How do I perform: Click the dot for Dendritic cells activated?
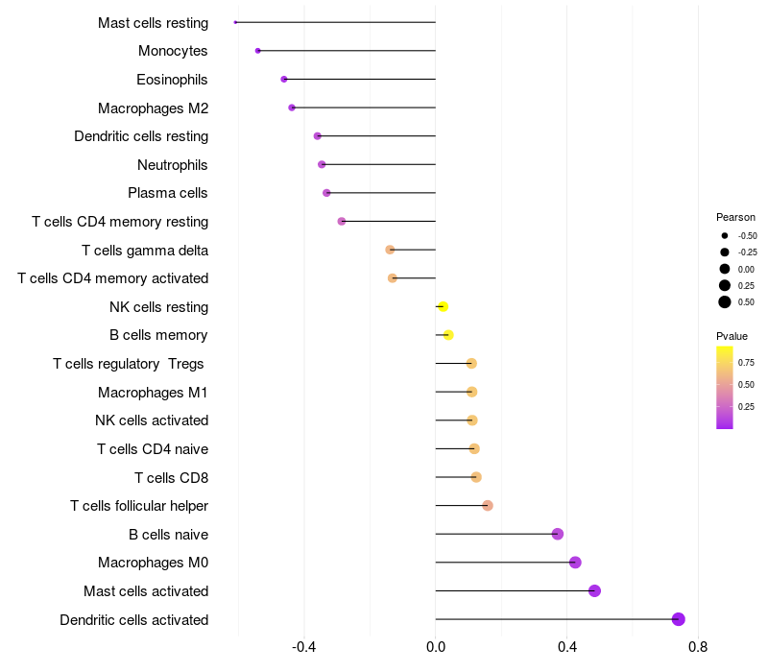pos(679,619)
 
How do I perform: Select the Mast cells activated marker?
pos(594,590)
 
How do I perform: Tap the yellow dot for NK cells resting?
pos(443,307)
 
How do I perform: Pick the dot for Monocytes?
pos(258,51)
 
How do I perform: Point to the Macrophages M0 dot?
pos(575,563)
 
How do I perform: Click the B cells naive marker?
pos(558,534)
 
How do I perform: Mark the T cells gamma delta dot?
pos(390,250)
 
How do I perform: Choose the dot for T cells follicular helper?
pos(488,506)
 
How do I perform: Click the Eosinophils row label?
pos(172,80)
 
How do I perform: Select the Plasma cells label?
pos(168,193)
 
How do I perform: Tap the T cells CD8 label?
pos(172,477)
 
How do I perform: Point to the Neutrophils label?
pos(173,165)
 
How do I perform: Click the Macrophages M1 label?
pos(153,392)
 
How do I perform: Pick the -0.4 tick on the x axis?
pos(304,647)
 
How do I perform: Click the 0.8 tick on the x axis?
pos(698,647)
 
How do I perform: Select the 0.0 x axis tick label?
pos(436,647)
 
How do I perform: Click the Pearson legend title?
pos(735,217)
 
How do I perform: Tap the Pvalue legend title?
pos(732,336)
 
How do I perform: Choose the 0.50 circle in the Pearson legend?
pos(725,302)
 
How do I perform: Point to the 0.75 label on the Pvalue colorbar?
pos(746,362)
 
